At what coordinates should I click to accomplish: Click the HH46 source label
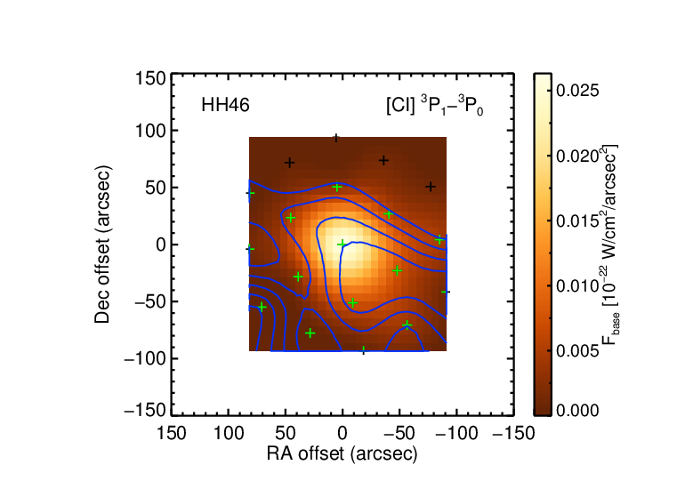[225, 105]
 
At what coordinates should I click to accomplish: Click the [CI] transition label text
[435, 106]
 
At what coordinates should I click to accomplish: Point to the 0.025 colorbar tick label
[577, 91]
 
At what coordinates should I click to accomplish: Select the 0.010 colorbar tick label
[577, 286]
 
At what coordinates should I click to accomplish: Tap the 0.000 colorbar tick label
[577, 410]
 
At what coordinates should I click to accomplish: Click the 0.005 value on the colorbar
[577, 350]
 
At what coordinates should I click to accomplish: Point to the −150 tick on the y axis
[146, 411]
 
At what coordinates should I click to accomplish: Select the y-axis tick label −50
[150, 301]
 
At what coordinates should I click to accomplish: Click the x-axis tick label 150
[171, 434]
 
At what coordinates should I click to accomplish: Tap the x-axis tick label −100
[456, 434]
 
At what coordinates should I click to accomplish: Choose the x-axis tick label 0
[342, 434]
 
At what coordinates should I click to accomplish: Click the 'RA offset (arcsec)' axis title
[342, 454]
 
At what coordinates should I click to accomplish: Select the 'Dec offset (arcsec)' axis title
[102, 244]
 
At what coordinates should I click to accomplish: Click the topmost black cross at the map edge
[336, 139]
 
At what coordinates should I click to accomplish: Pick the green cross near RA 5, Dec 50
[337, 188]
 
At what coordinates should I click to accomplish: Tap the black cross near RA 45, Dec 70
[289, 163]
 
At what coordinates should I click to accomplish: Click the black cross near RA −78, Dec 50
[431, 187]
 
